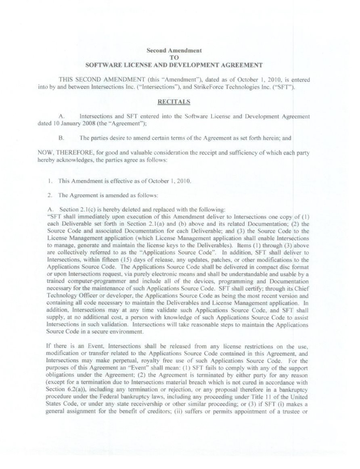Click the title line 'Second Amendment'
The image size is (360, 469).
pos(174,51)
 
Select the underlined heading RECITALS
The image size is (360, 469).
pos(174,102)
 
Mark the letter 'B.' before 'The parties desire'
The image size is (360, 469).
pos(61,138)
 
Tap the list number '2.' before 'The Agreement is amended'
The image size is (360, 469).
pos(49,195)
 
